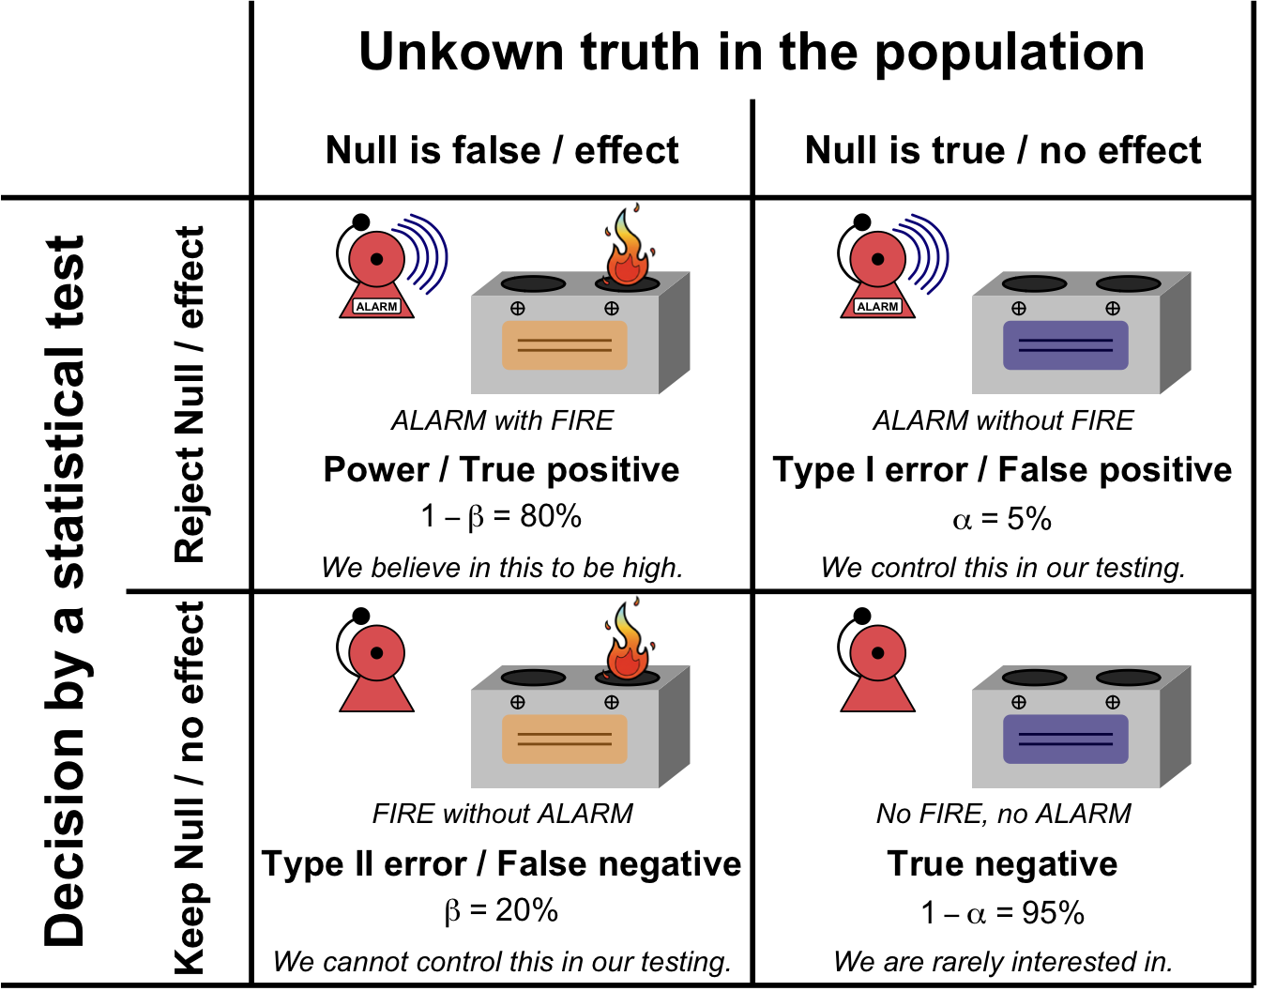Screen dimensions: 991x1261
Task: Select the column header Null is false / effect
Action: pyautogui.click(x=502, y=150)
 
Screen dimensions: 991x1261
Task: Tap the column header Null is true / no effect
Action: pyautogui.click(x=1003, y=150)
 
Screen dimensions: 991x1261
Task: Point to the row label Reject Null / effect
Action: pyautogui.click(x=190, y=394)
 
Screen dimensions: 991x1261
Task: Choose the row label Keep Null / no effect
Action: pyautogui.click(x=190, y=788)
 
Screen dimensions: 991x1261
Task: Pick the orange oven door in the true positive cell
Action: pyautogui.click(x=565, y=344)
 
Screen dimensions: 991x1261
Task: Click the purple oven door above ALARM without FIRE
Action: pyautogui.click(x=1065, y=344)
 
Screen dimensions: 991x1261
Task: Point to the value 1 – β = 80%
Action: pyautogui.click(x=502, y=517)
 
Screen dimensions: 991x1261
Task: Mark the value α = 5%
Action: pyautogui.click(x=1002, y=519)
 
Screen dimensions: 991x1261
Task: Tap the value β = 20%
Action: pyautogui.click(x=502, y=911)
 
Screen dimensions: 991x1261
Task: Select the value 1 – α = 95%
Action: pyautogui.click(x=1002, y=913)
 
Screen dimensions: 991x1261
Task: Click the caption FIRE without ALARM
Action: pyautogui.click(x=502, y=814)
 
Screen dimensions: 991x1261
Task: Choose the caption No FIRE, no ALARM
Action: pyautogui.click(x=1003, y=814)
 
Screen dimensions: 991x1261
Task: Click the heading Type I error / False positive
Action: pyautogui.click(x=1002, y=470)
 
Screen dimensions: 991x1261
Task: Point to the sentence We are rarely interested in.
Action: pyautogui.click(x=1002, y=962)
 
